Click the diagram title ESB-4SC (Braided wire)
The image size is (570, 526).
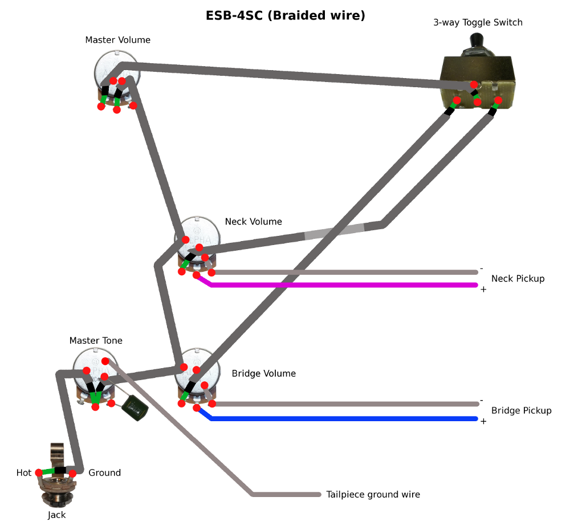[x=285, y=15]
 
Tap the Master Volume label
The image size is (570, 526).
[x=117, y=40]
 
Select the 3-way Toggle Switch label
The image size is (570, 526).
[x=478, y=23]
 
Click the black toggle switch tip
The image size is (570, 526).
[x=476, y=41]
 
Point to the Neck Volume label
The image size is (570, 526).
[x=253, y=221]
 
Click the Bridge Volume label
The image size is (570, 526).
[x=263, y=374]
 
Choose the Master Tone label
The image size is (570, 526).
[x=96, y=341]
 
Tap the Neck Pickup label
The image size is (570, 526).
[x=518, y=279]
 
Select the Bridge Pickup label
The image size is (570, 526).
[x=521, y=410]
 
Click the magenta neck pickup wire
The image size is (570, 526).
[x=342, y=284]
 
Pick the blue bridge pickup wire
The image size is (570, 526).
[x=342, y=419]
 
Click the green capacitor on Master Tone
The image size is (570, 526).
[x=135, y=406]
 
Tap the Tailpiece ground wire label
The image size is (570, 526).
[x=373, y=494]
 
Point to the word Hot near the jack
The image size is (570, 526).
[x=24, y=473]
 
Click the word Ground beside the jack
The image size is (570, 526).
[x=104, y=473]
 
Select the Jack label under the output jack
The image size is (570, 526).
[x=56, y=515]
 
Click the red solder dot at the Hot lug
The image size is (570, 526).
[x=39, y=472]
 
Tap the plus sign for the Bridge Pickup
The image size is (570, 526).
[x=483, y=421]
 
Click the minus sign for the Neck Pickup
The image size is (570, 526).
[x=482, y=268]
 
